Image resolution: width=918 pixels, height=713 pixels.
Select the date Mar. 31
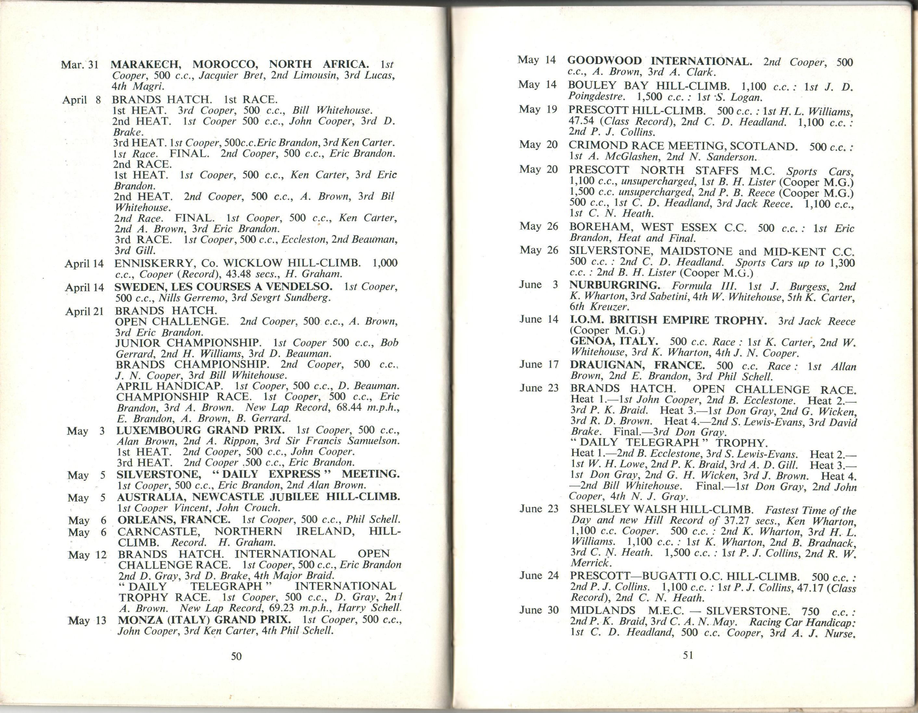pyautogui.click(x=80, y=65)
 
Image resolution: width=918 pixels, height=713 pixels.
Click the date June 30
pyautogui.click(x=539, y=610)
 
